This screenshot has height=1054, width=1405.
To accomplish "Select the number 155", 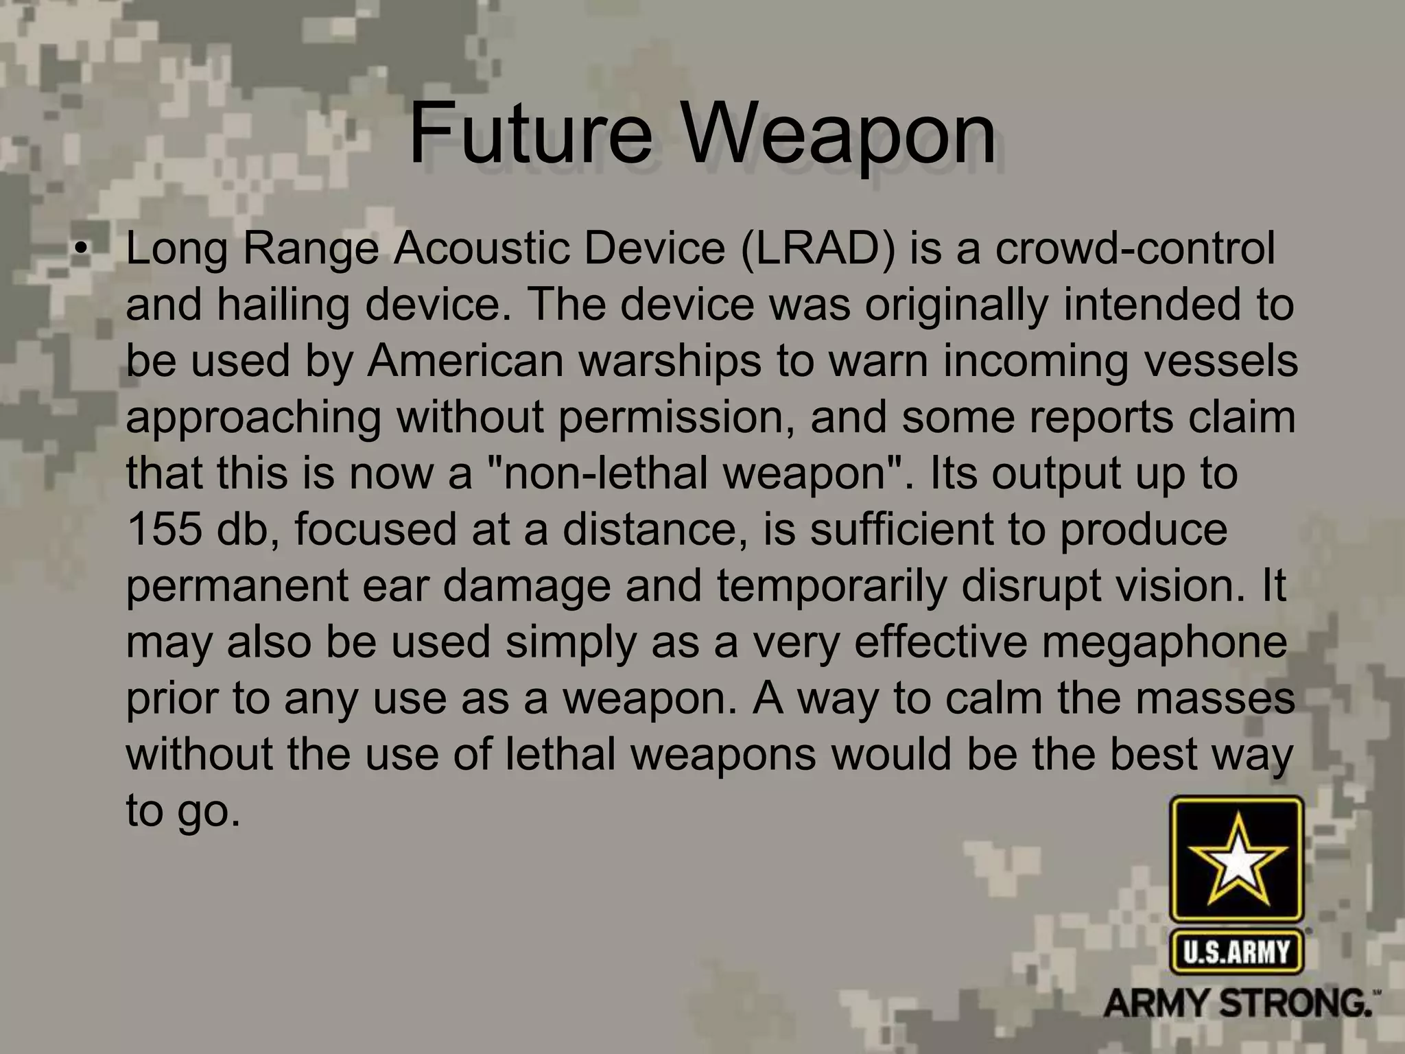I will click(165, 529).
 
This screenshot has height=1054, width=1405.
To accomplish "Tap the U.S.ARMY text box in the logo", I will click(1236, 952).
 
